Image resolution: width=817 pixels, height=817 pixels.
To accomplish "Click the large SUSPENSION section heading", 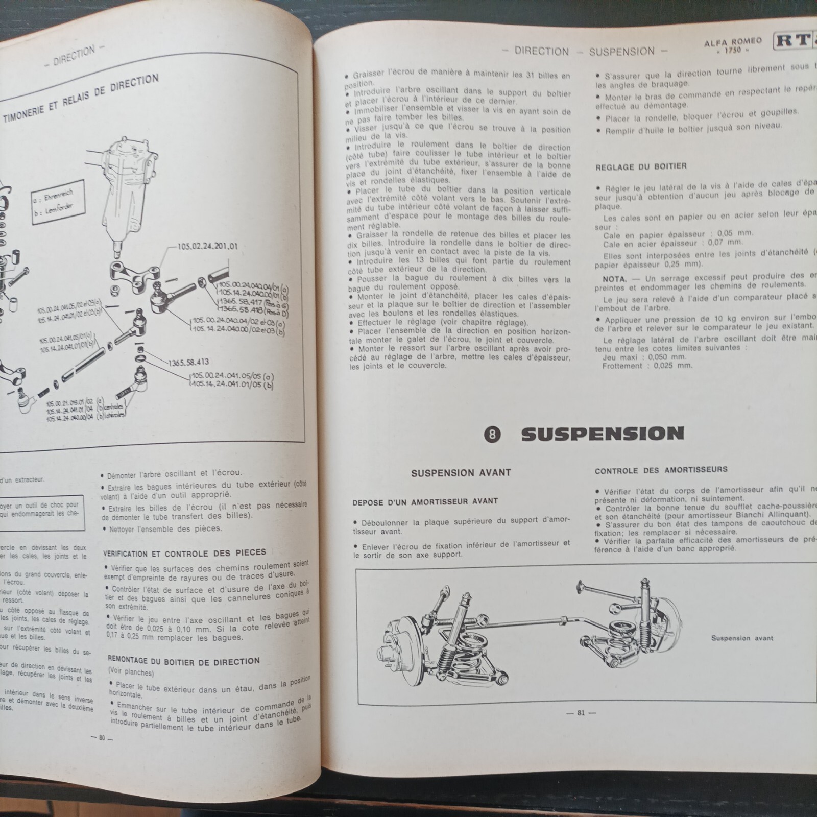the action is pyautogui.click(x=602, y=434).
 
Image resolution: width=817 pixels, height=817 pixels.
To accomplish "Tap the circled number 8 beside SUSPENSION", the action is pyautogui.click(x=492, y=435).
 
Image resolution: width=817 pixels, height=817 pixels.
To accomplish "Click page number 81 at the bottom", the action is pyautogui.click(x=581, y=713).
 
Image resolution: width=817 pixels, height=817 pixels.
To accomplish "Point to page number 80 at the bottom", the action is pyautogui.click(x=102, y=737).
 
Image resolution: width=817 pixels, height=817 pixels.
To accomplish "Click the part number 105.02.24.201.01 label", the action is pyautogui.click(x=207, y=246).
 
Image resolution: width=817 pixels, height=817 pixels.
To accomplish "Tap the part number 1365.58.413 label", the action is pyautogui.click(x=188, y=362).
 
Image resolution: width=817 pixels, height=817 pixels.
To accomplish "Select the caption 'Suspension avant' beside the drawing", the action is pyautogui.click(x=741, y=638).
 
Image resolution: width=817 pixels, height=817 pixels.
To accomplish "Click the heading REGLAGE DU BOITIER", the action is pyautogui.click(x=641, y=166).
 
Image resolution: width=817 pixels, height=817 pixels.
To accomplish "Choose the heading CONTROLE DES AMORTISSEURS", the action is pyautogui.click(x=661, y=470).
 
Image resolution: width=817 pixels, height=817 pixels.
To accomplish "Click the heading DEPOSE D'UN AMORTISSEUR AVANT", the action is pyautogui.click(x=425, y=501).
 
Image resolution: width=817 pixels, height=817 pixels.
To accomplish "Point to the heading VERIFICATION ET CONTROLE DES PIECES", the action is pyautogui.click(x=184, y=552).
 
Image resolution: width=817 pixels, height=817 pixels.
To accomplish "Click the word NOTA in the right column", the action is pyautogui.click(x=614, y=279).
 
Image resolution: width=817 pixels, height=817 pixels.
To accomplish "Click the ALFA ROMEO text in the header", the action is pyautogui.click(x=733, y=42).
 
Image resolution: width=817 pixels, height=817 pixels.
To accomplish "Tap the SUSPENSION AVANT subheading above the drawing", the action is pyautogui.click(x=461, y=472).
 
